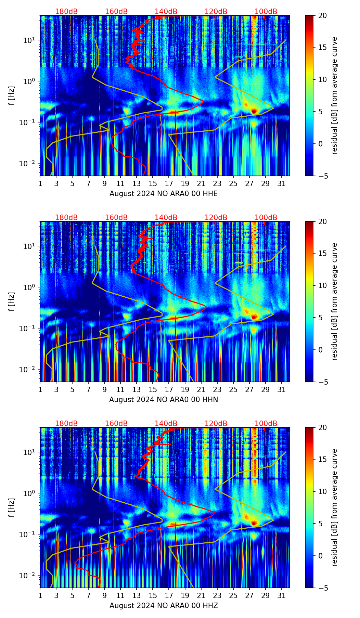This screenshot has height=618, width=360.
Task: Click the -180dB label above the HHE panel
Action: pyautogui.click(x=65, y=12)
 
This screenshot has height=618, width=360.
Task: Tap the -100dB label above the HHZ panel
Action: pyautogui.click(x=265, y=424)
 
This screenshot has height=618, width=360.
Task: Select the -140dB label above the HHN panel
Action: pyautogui.click(x=165, y=218)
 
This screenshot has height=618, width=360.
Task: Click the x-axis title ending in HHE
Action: pyautogui.click(x=164, y=194)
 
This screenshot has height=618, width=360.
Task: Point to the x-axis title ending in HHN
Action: pyautogui.click(x=164, y=400)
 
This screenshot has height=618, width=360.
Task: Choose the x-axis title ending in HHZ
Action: pyautogui.click(x=164, y=606)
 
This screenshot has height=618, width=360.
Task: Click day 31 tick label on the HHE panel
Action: pyautogui.click(x=282, y=183)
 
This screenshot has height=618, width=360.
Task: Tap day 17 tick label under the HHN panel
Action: pyautogui.click(x=169, y=389)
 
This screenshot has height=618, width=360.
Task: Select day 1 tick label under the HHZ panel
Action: pyautogui.click(x=40, y=595)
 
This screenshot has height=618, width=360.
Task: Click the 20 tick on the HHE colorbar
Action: pyautogui.click(x=322, y=15)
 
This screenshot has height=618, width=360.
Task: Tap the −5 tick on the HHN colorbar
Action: pyautogui.click(x=322, y=382)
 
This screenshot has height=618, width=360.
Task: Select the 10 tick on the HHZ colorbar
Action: pyautogui.click(x=322, y=491)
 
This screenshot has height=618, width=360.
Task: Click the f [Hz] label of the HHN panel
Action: pyautogui.click(x=12, y=301)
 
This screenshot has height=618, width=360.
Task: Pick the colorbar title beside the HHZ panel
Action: pyautogui.click(x=335, y=507)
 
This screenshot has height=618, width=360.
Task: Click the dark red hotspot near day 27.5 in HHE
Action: pyautogui.click(x=254, y=111)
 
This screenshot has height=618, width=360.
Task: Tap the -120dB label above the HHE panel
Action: pyautogui.click(x=215, y=12)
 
